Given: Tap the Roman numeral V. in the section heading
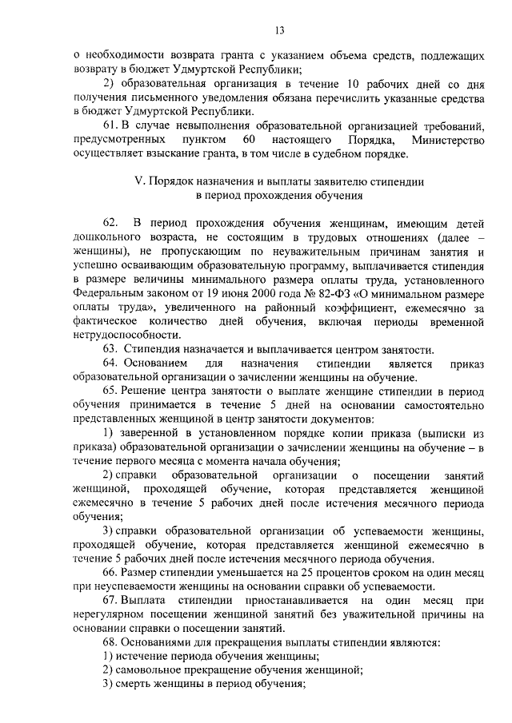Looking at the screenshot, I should coord(140,181).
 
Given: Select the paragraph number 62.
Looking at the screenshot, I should coord(110,221).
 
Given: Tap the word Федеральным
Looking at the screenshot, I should coord(108,292).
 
